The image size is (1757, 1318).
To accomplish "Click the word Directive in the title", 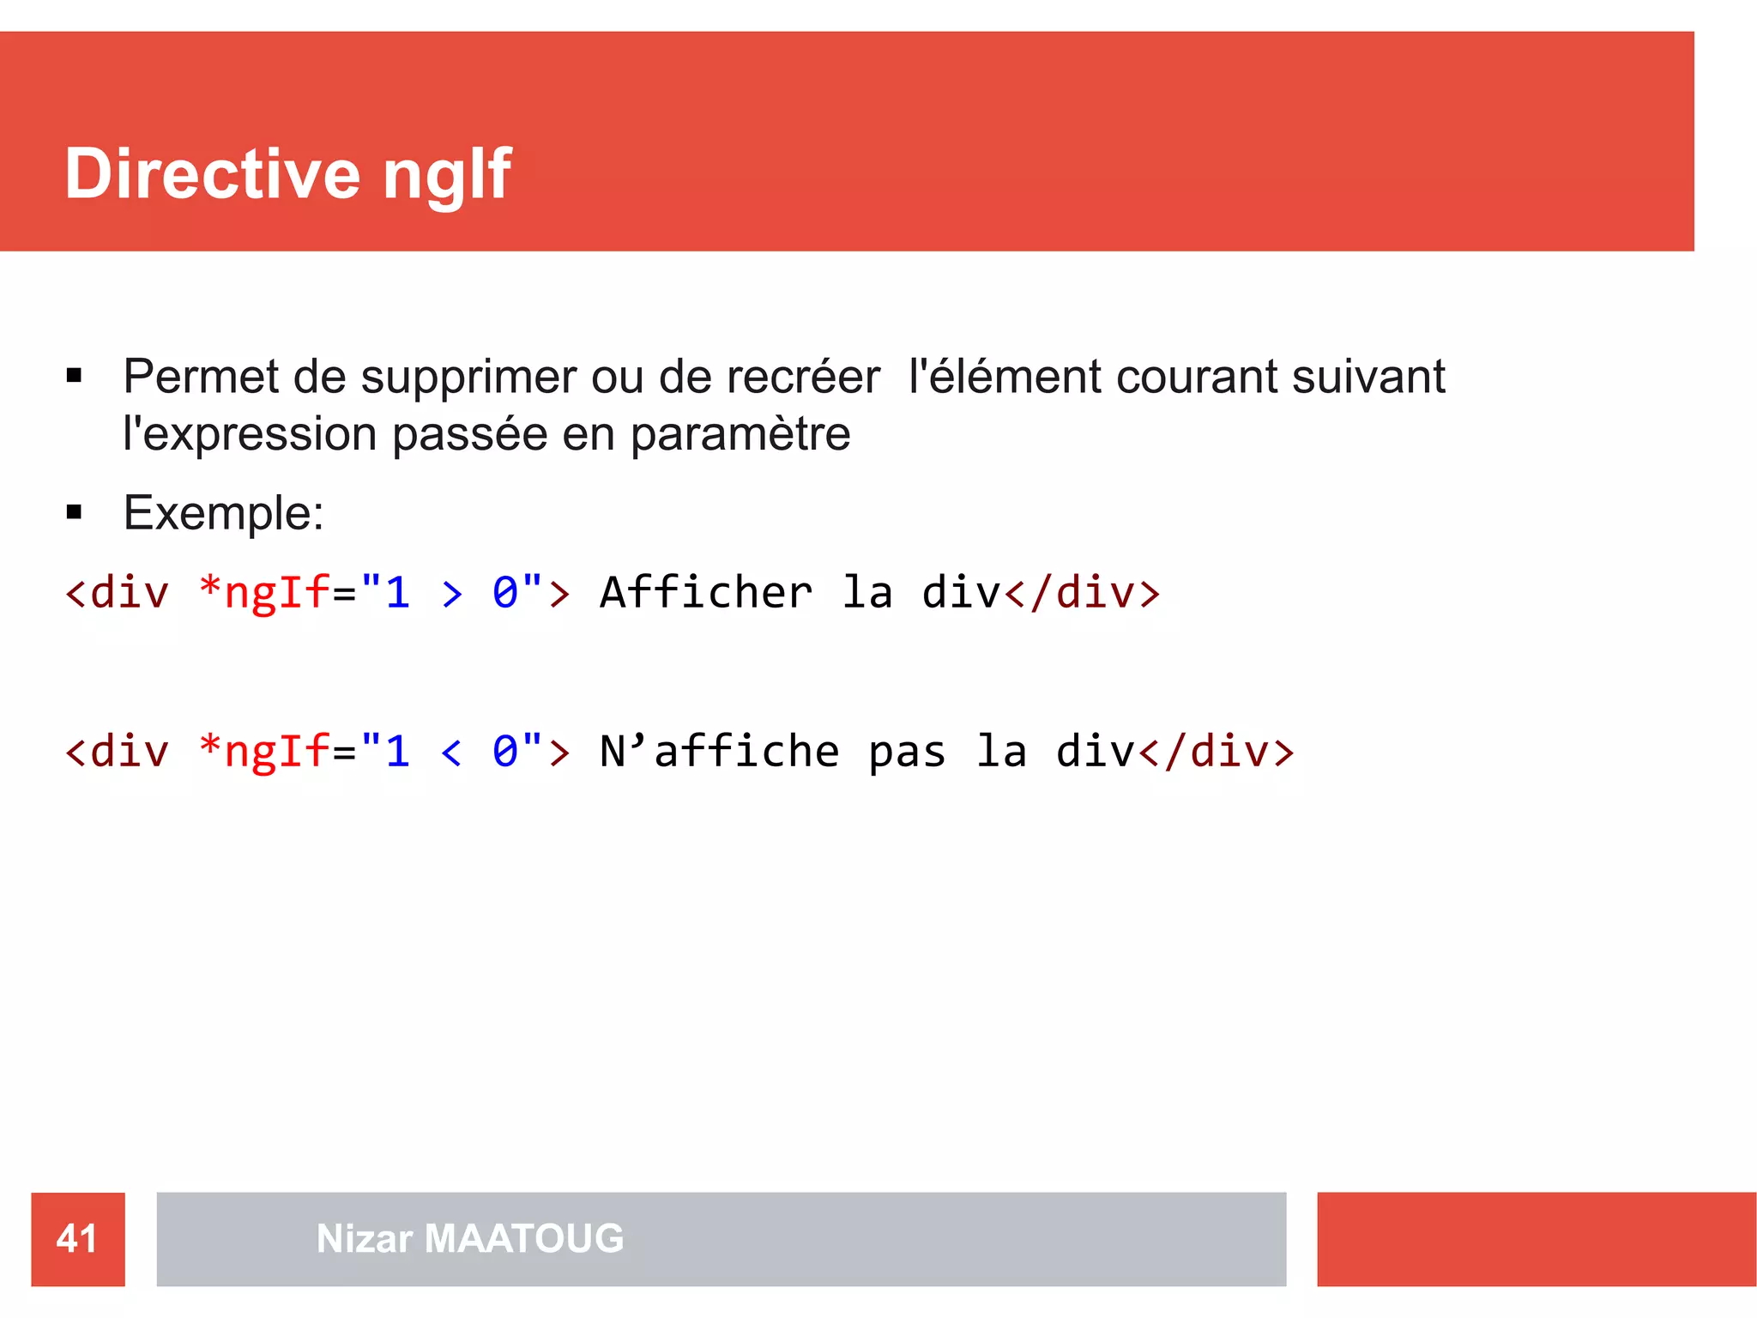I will tap(212, 174).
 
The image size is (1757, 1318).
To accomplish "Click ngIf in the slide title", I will tap(446, 174).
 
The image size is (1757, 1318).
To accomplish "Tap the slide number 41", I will tap(77, 1238).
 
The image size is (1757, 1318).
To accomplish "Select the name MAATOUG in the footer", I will tap(523, 1238).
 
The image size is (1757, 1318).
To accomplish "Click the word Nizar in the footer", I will tap(365, 1238).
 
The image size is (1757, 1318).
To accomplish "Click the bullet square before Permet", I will tap(74, 375).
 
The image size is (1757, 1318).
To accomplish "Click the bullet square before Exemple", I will tap(74, 513).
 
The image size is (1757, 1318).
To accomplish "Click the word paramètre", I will tap(740, 434).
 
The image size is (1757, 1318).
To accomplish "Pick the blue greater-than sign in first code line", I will tap(452, 593).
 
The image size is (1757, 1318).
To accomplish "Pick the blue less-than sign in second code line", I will tap(451, 753).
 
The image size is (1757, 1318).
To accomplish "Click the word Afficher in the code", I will tap(706, 593).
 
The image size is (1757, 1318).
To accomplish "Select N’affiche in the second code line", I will tap(719, 753).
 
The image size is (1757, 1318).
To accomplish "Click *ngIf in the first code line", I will tap(263, 593).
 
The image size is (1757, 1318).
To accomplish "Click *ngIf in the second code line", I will tap(263, 753).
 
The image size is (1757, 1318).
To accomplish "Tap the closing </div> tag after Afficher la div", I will tap(1082, 593).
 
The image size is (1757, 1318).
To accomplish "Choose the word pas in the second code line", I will tap(907, 753).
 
